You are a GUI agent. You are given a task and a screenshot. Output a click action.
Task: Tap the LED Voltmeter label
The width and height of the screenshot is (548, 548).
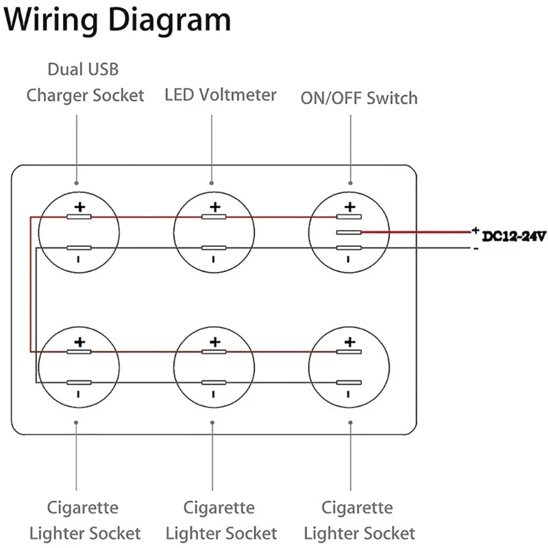pos(221,95)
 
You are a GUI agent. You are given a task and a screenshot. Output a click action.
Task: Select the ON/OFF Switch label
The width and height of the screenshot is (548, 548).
pos(359,98)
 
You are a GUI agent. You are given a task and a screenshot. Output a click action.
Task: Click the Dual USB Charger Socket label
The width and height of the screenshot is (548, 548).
pos(86,82)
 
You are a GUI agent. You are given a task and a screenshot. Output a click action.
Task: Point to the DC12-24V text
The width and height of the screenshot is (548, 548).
pos(513,237)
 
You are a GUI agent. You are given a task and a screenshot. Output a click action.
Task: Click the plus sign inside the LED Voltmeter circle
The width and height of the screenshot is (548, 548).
pos(214,206)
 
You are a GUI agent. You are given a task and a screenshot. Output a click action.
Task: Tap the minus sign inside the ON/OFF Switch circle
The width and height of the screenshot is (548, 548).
pos(348,259)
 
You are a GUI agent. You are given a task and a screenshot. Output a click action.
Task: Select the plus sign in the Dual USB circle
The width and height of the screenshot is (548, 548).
pos(79,206)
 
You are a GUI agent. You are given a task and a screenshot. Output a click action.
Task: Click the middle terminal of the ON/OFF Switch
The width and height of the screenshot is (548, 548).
pos(349,232)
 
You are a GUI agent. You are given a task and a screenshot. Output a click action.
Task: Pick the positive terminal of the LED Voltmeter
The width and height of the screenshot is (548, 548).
pos(214,217)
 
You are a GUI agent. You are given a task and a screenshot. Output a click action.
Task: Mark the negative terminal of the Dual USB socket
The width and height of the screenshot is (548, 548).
pos(79,247)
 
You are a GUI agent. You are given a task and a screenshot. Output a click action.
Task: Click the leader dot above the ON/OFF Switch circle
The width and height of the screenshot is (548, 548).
pos(351,183)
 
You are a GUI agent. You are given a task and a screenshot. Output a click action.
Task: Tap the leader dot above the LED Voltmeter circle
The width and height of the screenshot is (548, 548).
pos(212,183)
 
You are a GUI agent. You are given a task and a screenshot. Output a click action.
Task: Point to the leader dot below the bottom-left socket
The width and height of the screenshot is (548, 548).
pos(76,422)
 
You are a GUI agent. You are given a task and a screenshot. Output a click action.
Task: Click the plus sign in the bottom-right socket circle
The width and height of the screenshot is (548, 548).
pos(350,341)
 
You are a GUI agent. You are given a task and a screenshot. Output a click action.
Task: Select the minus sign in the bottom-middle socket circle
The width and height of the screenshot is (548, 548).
pos(214,394)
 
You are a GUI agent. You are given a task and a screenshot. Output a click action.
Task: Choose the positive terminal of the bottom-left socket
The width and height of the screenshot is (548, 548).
pos(79,352)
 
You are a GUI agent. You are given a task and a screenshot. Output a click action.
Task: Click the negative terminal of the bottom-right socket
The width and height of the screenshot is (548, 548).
pos(349,382)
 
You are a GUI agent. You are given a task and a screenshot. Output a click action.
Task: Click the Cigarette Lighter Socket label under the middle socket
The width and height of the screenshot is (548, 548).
pos(221,521)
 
